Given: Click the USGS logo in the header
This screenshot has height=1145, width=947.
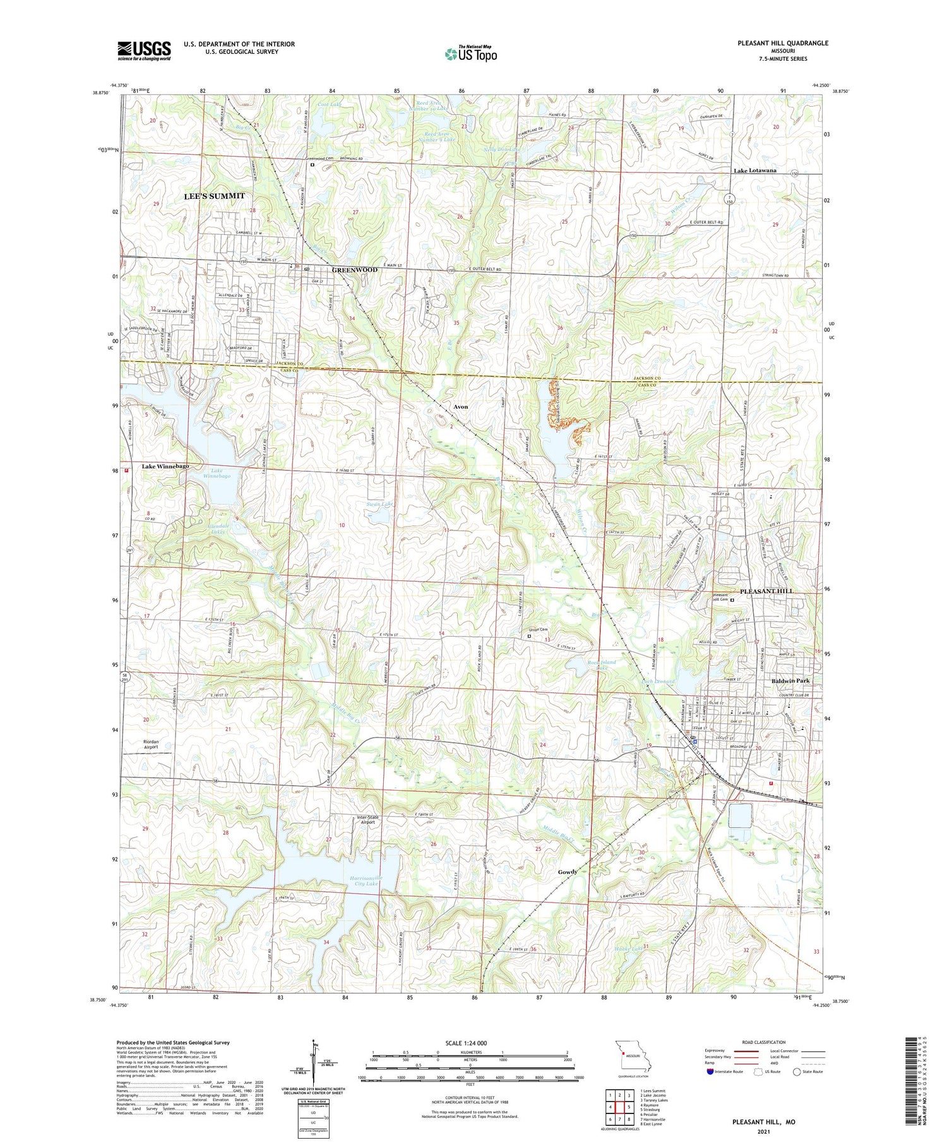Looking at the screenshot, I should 144,51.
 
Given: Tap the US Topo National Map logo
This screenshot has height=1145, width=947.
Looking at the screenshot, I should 470,54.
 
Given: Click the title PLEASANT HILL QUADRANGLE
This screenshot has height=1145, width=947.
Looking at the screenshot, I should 782,43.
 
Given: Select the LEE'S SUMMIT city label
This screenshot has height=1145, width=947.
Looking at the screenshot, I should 214,196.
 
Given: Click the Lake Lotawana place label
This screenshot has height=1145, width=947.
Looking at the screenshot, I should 754,171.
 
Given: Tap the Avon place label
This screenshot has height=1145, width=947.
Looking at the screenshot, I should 461,407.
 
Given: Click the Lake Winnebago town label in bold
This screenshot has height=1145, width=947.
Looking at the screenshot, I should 165,466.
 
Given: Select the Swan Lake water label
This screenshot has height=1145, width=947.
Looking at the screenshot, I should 380,504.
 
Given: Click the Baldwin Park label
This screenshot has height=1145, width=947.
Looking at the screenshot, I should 790,681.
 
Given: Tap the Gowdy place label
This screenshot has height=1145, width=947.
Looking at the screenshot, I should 567,872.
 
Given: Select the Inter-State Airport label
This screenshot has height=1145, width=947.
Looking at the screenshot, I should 366,819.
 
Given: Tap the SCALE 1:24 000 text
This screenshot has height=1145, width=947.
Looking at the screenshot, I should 470,1043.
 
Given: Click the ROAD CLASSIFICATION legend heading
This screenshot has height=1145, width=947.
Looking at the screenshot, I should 764,1042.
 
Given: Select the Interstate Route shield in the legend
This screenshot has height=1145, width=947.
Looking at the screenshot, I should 710,1071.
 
